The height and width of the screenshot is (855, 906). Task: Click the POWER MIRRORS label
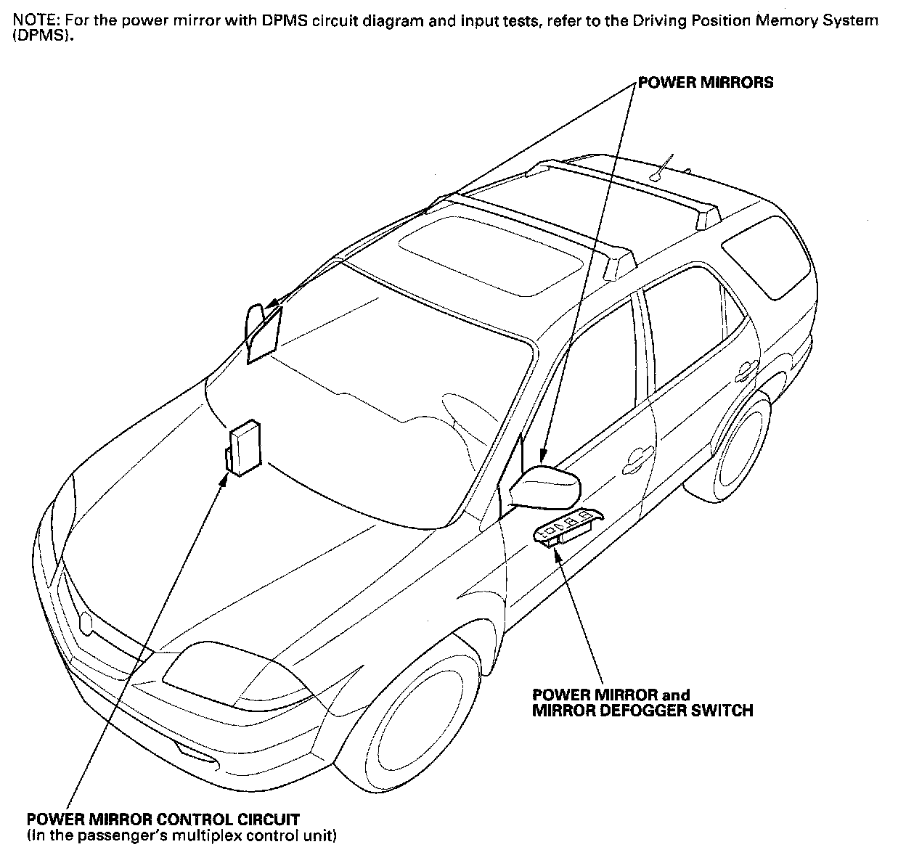point(706,83)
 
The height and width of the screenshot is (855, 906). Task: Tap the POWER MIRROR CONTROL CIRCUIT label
point(163,819)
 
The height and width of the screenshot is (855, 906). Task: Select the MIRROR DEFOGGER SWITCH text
point(642,710)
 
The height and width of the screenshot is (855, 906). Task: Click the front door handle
point(637,458)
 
